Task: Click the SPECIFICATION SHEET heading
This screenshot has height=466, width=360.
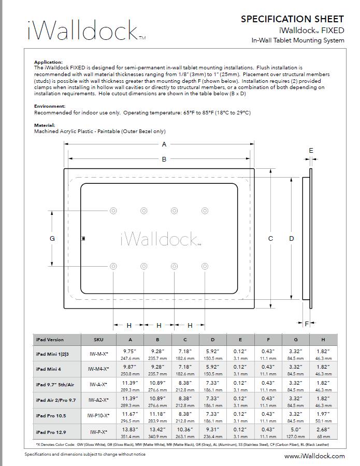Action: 292,19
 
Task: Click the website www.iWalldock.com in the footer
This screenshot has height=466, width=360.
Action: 314,456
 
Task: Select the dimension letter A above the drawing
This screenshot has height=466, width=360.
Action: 164,144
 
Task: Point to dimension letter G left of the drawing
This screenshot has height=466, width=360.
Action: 52,238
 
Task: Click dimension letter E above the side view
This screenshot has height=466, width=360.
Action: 311,150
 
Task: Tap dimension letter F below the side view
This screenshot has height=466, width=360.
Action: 307,324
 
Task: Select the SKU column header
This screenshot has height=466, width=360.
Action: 98,340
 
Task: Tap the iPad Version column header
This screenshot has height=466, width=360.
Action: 50,340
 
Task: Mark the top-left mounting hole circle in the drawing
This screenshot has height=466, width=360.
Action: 113,210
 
